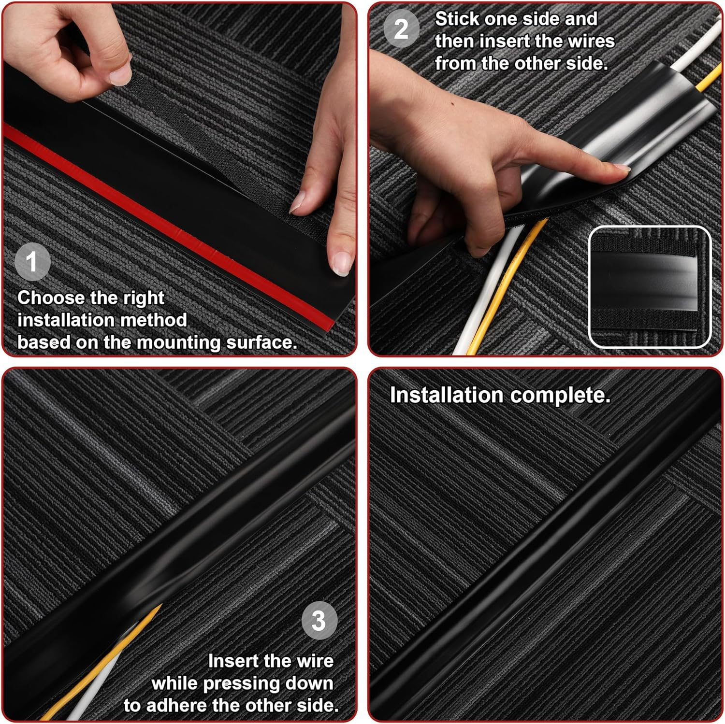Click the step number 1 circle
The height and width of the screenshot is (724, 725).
(x=32, y=262)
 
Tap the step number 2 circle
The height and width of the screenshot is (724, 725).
(x=401, y=29)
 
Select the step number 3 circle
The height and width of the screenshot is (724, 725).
(x=319, y=620)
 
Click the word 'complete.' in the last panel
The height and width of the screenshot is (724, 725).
(x=560, y=395)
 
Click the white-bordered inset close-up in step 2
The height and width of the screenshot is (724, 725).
(x=649, y=287)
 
